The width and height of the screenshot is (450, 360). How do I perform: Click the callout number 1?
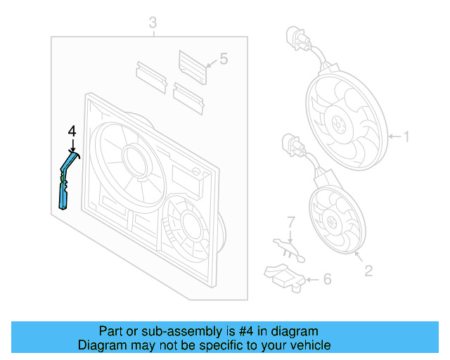(405, 136)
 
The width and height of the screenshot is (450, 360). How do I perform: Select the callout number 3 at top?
(153, 25)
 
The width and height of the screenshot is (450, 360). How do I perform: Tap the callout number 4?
(72, 131)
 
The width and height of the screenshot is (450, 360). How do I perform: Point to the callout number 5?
(224, 59)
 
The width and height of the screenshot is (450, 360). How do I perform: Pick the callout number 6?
(326, 280)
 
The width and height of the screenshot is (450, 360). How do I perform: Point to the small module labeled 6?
(283, 276)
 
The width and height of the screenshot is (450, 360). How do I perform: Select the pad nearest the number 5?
(193, 66)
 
